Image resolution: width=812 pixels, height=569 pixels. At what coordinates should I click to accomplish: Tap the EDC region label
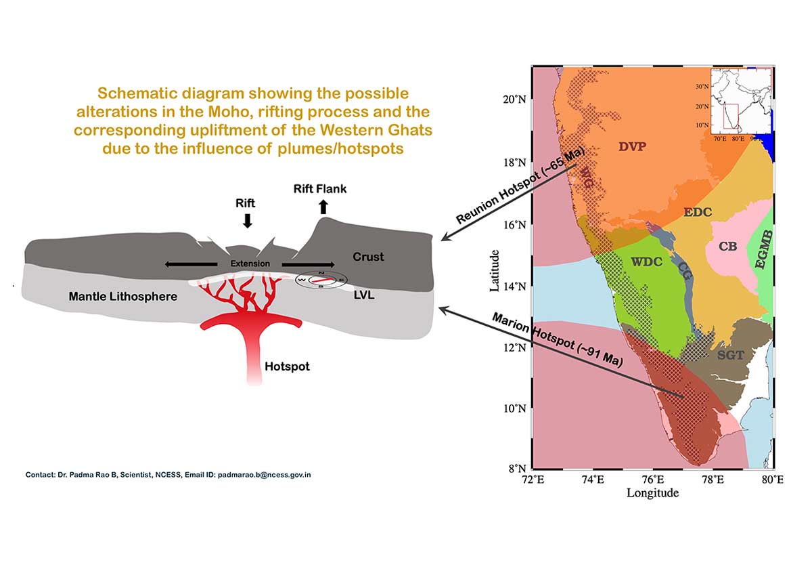pyautogui.click(x=697, y=212)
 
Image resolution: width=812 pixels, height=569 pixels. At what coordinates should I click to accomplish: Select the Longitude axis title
pyautogui.click(x=652, y=493)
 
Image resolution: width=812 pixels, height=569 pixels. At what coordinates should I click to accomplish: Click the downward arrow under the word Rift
pyautogui.click(x=247, y=220)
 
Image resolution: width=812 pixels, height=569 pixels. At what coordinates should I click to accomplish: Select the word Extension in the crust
pyautogui.click(x=250, y=264)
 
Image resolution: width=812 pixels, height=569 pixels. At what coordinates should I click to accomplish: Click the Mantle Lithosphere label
pyautogui.click(x=122, y=296)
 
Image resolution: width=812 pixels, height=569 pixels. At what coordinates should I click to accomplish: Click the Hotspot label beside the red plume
pyautogui.click(x=287, y=366)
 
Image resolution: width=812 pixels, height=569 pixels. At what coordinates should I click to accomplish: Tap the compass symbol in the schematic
pyautogui.click(x=321, y=280)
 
